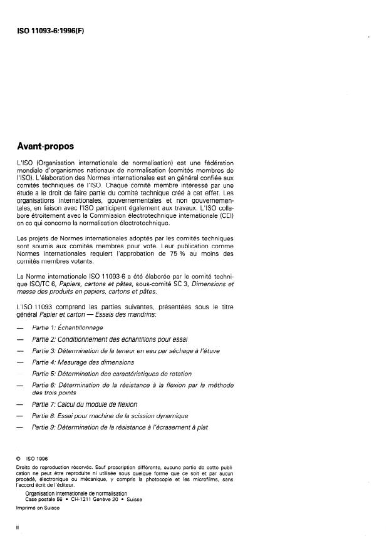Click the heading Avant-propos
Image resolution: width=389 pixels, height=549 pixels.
(x=45, y=146)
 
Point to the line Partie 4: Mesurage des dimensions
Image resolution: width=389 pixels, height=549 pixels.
(x=83, y=362)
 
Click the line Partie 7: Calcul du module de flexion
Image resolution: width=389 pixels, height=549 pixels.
(x=84, y=405)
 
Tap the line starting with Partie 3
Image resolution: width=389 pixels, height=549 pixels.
(x=125, y=350)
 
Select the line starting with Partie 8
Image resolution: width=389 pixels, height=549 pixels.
(x=110, y=416)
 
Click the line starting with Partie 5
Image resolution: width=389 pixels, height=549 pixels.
(x=104, y=373)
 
